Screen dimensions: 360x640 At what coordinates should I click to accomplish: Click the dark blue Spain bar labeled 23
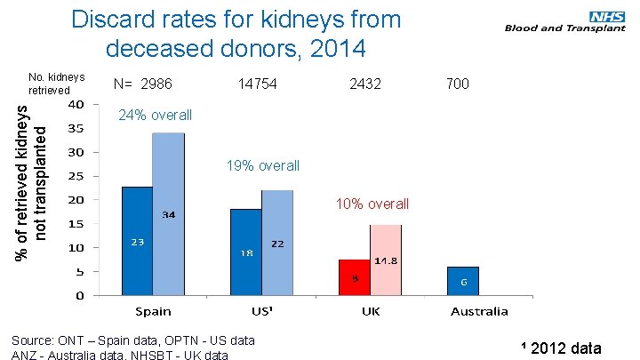click(x=137, y=240)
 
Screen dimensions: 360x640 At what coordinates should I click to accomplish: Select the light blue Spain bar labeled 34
click(x=168, y=213)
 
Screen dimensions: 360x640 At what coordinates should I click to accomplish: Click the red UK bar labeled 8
click(x=355, y=276)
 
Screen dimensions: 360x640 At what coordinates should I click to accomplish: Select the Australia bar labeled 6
click(x=463, y=280)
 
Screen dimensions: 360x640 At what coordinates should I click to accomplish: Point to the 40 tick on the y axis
click(x=77, y=104)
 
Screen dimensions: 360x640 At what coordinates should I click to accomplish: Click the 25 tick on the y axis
click(x=77, y=176)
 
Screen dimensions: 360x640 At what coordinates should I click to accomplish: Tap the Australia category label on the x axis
click(x=478, y=311)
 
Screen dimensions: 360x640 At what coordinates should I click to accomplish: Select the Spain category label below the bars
click(x=154, y=311)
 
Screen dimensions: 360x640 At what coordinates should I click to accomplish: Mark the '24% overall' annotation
click(x=155, y=116)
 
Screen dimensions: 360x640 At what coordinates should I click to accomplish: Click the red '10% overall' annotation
click(x=372, y=204)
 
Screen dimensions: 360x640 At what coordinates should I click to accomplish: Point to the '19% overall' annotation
click(x=263, y=166)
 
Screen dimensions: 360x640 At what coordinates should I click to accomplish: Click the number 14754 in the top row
click(x=258, y=84)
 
